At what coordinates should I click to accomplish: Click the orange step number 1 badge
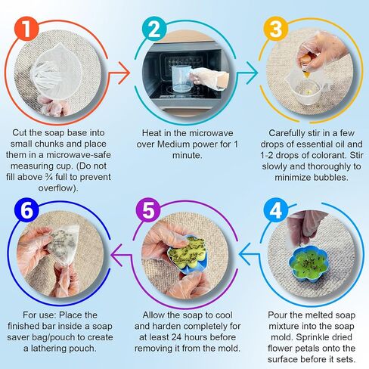(26, 29)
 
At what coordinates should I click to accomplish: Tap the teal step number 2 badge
(154, 29)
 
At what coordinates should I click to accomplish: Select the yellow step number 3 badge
(276, 29)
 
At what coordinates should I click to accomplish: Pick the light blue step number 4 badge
(276, 209)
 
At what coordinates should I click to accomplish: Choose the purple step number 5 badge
(148, 209)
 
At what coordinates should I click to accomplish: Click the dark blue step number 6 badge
(26, 209)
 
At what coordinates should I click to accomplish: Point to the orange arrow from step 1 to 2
(119, 73)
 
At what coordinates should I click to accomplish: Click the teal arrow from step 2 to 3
(247, 73)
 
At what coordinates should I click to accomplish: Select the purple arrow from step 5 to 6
(122, 255)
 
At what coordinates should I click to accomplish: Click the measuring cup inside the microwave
(182, 79)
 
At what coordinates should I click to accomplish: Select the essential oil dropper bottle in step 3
(305, 64)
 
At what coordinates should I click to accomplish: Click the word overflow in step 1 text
(56, 188)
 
